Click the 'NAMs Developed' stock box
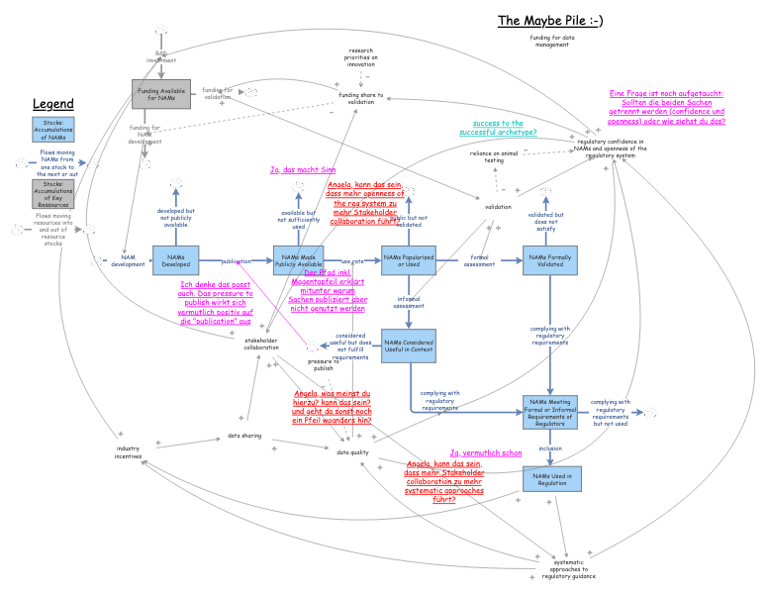pos(176,260)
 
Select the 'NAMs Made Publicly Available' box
pos(298,260)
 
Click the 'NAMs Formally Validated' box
pos(549,260)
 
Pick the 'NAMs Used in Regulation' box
pos(549,478)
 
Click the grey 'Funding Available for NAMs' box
pos(160,95)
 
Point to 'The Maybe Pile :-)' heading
pos(549,20)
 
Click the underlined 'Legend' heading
pos(53,104)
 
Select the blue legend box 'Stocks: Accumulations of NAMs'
pos(53,130)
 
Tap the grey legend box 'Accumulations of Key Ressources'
pos(53,193)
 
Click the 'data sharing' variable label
pos(244,436)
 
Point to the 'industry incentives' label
pos(128,452)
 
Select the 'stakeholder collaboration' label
pos(261,344)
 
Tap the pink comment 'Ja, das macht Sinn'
pos(302,170)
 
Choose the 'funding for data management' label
pos(551,41)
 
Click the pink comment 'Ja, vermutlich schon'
pos(486,452)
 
